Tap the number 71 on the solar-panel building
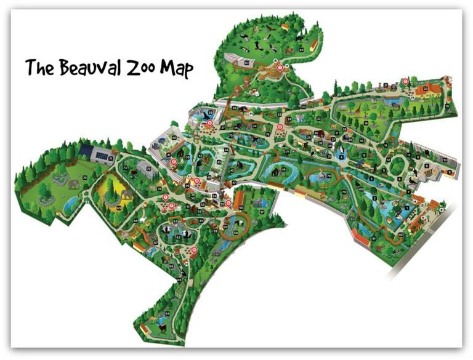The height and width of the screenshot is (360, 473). pos(111,159)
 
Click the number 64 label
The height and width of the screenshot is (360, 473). pos(167,314)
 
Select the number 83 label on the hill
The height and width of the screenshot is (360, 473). pos(246,63)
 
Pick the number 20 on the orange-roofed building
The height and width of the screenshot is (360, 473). pos(425,89)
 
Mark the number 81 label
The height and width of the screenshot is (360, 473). pos(374,237)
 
